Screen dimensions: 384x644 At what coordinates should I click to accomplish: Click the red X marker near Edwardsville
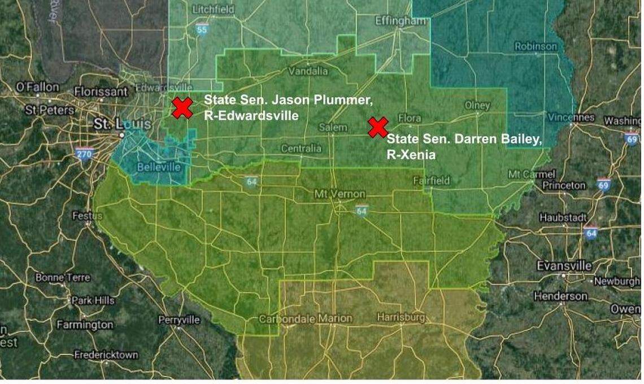click(x=182, y=108)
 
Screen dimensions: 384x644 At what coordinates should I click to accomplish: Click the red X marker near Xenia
click(x=377, y=127)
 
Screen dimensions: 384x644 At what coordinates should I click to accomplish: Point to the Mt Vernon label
click(x=340, y=194)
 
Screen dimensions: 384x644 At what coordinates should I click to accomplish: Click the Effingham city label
click(x=401, y=21)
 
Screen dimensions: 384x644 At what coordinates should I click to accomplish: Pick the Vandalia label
click(x=308, y=72)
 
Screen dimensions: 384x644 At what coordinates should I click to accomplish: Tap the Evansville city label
click(x=564, y=265)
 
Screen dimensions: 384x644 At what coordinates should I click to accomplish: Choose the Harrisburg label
click(x=401, y=317)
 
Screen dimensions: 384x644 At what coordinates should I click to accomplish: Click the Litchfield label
click(x=212, y=10)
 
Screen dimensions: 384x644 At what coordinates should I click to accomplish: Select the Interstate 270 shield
click(x=84, y=154)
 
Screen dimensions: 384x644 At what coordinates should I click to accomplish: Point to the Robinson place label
click(x=535, y=46)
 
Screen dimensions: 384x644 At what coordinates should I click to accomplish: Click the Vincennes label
click(x=571, y=117)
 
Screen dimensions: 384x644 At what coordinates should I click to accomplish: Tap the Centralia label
click(x=301, y=149)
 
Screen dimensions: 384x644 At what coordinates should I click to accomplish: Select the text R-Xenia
click(x=411, y=155)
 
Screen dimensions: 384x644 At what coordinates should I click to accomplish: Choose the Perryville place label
click(x=179, y=320)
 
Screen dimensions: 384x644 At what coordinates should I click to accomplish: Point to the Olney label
click(x=477, y=106)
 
